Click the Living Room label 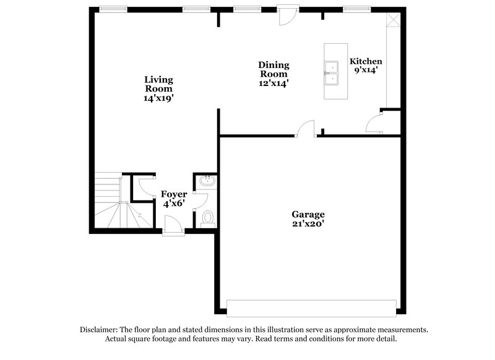(x=158, y=84)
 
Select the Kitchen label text (x=366, y=61)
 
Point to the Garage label (x=308, y=215)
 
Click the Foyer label (x=174, y=194)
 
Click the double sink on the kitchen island (x=332, y=72)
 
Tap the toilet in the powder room (x=208, y=218)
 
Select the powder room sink (x=207, y=181)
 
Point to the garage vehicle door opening (x=311, y=307)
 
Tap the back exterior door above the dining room (x=287, y=16)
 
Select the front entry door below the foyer (x=173, y=226)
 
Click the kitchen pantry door (x=375, y=124)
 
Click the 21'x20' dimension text (x=308, y=224)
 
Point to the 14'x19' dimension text (x=158, y=98)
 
